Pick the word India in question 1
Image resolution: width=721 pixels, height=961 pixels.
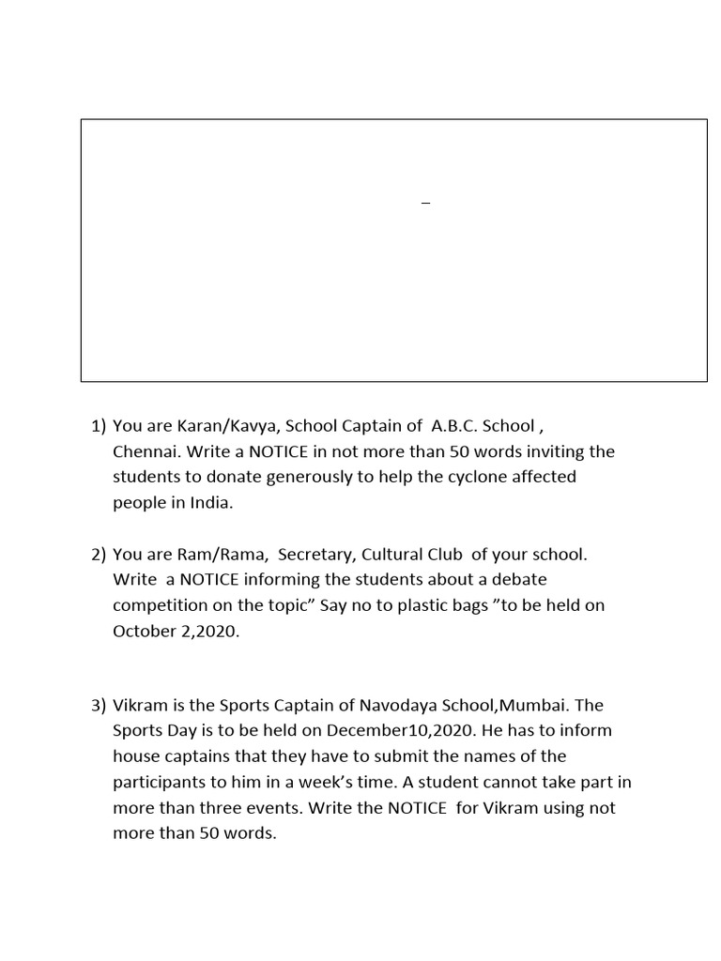[208, 502]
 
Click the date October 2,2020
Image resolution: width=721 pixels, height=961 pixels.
[176, 631]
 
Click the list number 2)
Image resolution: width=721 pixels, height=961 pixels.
[99, 554]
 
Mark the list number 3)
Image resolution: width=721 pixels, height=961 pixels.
[99, 705]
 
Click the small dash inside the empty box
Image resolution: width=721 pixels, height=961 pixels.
[425, 204]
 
